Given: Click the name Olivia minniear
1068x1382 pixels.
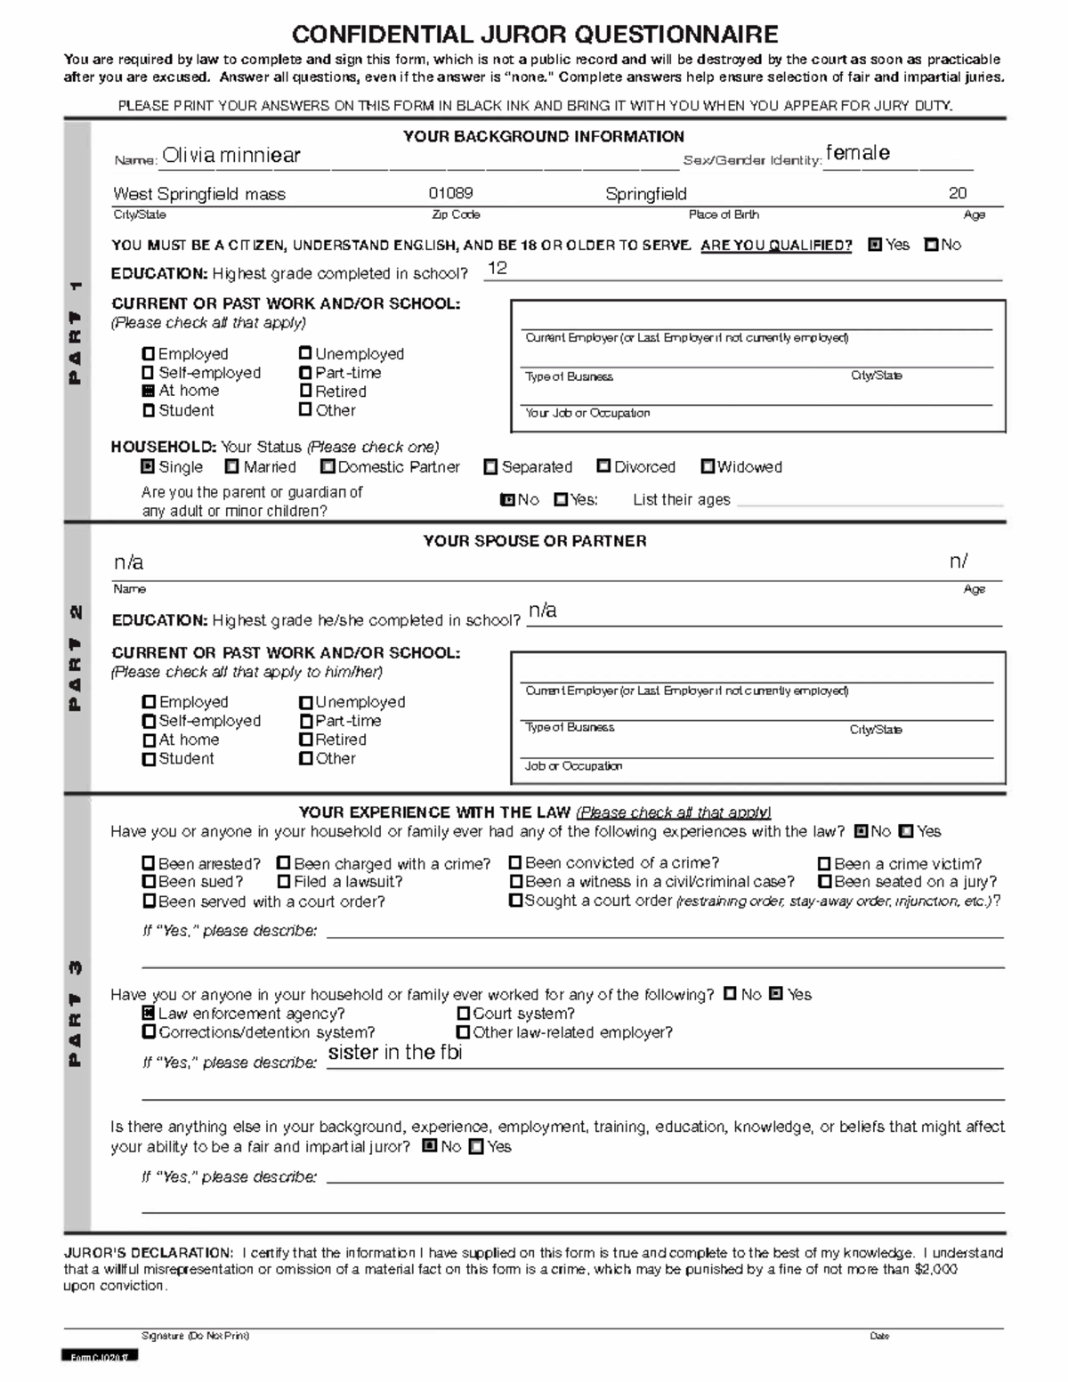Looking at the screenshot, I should pyautogui.click(x=231, y=156).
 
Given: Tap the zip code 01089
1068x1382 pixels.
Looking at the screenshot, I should pyautogui.click(x=450, y=193).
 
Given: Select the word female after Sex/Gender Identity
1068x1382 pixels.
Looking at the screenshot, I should pyautogui.click(x=857, y=153).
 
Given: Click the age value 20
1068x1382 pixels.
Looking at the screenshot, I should pyautogui.click(x=958, y=193).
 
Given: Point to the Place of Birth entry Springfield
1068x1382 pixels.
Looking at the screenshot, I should pyautogui.click(x=646, y=194).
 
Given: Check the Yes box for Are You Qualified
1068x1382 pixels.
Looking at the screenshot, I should pyautogui.click(x=875, y=245).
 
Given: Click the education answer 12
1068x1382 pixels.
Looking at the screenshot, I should pyautogui.click(x=498, y=269).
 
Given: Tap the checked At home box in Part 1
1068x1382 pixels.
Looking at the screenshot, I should pyautogui.click(x=149, y=391).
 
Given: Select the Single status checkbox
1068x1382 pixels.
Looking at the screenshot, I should pyautogui.click(x=149, y=467).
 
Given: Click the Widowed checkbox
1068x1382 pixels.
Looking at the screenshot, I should pyautogui.click(x=708, y=466).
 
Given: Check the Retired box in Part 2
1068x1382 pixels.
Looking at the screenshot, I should pyautogui.click(x=306, y=739).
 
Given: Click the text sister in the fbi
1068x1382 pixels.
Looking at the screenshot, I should pyautogui.click(x=395, y=1053).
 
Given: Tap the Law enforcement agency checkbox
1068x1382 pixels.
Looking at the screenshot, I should pyautogui.click(x=149, y=1014).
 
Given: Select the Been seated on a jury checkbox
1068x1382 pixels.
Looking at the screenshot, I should pyautogui.click(x=825, y=882).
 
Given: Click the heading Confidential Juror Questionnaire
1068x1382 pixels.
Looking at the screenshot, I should pyautogui.click(x=535, y=35).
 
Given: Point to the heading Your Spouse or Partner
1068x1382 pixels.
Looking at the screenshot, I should pyautogui.click(x=535, y=541).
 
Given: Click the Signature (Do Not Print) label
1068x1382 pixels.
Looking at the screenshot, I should pyautogui.click(x=195, y=1336).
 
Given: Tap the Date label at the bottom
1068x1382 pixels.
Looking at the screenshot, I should pyautogui.click(x=879, y=1336).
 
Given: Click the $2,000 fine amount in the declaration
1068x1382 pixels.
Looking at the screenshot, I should pyautogui.click(x=936, y=1269).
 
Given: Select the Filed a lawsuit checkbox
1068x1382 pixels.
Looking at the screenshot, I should pyautogui.click(x=284, y=882).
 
